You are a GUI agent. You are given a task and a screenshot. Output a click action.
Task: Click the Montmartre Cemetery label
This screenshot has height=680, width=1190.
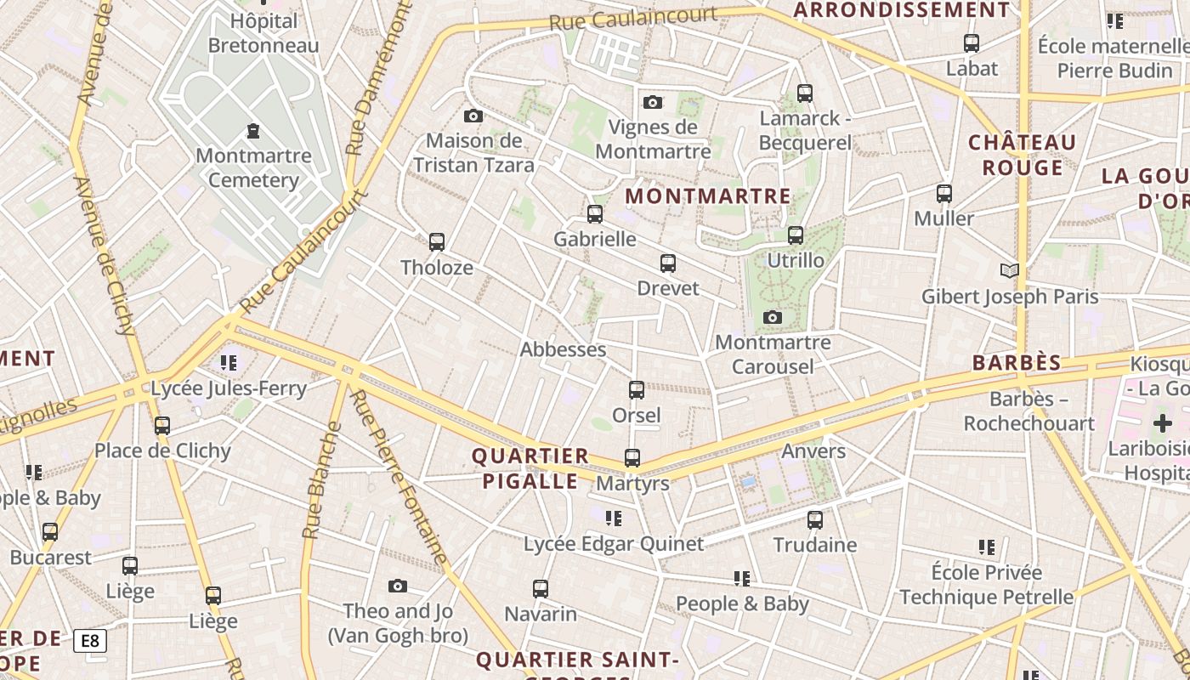253,167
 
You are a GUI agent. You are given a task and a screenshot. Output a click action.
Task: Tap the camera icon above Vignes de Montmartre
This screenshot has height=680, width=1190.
653,102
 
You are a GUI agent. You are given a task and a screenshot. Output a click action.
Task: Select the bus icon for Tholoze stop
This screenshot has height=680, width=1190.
437,242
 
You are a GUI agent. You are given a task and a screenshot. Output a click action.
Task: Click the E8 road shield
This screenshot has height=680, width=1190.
90,640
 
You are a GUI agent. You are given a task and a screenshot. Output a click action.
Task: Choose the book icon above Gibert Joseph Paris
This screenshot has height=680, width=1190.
1009,271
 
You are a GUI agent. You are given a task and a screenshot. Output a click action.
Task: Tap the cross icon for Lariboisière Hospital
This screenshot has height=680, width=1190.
1162,423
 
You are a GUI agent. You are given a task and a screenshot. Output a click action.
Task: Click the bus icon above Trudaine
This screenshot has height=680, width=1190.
815,519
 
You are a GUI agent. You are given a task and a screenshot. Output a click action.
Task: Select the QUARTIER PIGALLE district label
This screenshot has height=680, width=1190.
530,468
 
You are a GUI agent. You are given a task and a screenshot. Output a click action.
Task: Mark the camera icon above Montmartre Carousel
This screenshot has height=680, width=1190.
773,318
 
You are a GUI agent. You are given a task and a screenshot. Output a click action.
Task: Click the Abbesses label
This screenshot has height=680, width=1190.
563,349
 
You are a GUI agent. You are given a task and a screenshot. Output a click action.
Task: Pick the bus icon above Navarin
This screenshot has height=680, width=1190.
541,588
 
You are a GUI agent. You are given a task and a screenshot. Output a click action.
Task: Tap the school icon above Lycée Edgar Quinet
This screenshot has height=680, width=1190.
614,518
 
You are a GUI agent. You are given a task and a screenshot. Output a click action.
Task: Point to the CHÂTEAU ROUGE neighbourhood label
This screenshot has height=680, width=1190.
1023,155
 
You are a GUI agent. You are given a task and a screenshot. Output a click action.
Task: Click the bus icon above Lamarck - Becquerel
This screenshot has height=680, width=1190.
805,93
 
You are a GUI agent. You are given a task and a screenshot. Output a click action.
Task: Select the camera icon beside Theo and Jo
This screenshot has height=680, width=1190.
397,586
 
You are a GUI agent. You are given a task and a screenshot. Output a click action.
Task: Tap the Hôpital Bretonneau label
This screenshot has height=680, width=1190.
252,33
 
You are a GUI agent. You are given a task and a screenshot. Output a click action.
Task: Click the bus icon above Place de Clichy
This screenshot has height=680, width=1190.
162,425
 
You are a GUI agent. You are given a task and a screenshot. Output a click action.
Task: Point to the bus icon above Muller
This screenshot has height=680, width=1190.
944,194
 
